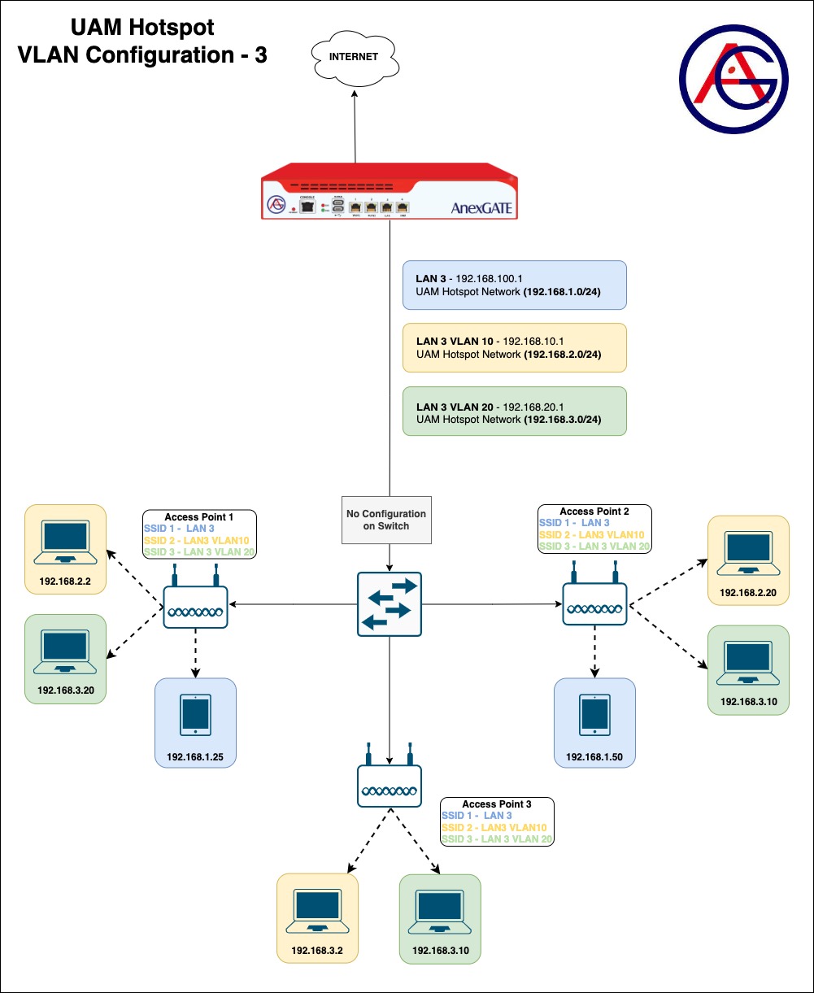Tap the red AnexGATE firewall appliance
point(389,191)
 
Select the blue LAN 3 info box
point(514,285)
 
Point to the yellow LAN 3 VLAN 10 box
point(514,348)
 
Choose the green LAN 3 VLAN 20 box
point(514,411)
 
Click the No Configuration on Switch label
point(386,520)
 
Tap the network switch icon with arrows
point(390,604)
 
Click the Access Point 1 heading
point(199,517)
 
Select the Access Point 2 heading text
point(594,512)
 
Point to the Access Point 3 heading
point(496,804)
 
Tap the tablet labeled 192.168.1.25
point(196,714)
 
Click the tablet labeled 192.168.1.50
point(594,714)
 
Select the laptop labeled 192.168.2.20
point(748,553)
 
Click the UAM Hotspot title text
point(142,28)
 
